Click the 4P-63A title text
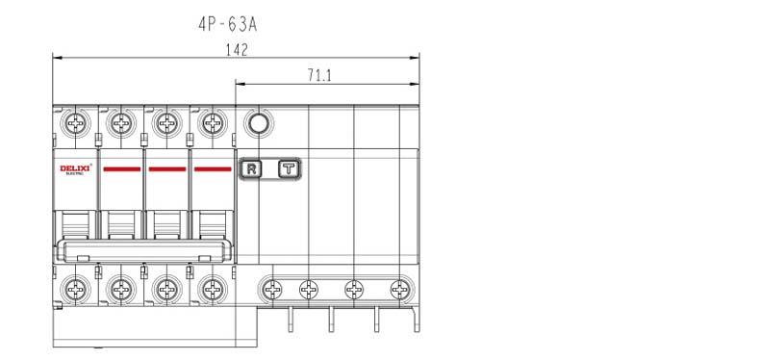coord(227,24)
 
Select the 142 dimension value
coord(237,50)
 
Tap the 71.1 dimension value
coord(319,75)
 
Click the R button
coord(251,168)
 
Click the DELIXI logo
coord(75,168)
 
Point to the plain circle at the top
coord(258,123)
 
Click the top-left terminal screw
coord(76,123)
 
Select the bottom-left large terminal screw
coord(76,289)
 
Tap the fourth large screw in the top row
coord(213,123)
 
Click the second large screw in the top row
coord(121,123)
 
